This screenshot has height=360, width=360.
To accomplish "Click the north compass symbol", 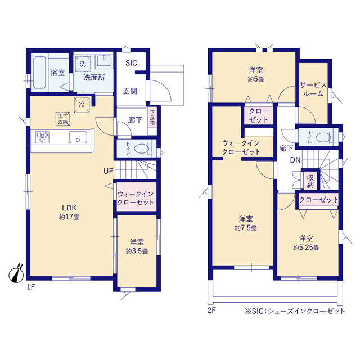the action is tap(16, 274).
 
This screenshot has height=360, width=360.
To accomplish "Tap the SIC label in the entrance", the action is tap(131, 63).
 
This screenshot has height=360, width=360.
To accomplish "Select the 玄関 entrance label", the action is tap(130, 91).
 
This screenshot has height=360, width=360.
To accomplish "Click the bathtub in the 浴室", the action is tap(39, 73).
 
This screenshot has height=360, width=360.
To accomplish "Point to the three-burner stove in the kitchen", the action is tap(43, 137).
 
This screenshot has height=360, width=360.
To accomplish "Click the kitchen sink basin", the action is tap(78, 137).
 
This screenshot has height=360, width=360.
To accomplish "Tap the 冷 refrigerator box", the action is tap(82, 105).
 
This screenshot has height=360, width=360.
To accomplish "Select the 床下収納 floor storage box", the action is tap(62, 119).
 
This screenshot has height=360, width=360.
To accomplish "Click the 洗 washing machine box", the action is tap(83, 64).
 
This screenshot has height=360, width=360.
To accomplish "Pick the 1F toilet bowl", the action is tap(142, 148).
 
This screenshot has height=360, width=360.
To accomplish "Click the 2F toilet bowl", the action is tap(323, 137).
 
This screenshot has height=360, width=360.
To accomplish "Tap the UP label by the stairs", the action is tap(109, 171).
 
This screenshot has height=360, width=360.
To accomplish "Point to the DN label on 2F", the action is tap(295, 160).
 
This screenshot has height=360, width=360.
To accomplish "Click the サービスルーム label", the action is tap(313, 89).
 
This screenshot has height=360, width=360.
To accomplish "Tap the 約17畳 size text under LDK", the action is tap(69, 217).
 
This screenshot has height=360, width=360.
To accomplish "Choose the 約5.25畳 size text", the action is tap(306, 247).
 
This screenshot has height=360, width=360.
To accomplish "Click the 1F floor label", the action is tap(31, 287).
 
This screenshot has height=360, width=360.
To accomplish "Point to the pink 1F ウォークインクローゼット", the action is tap(136, 197).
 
